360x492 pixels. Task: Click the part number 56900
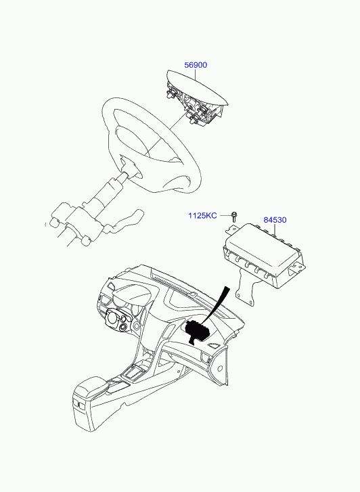(196, 65)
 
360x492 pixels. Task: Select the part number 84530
(275, 220)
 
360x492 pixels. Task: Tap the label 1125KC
(202, 216)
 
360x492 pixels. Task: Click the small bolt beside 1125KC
(234, 216)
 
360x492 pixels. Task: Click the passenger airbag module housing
(265, 255)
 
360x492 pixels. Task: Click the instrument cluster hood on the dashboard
(133, 297)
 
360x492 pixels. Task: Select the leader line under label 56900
(195, 74)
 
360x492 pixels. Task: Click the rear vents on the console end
(79, 405)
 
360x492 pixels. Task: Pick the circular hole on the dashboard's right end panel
(220, 368)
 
